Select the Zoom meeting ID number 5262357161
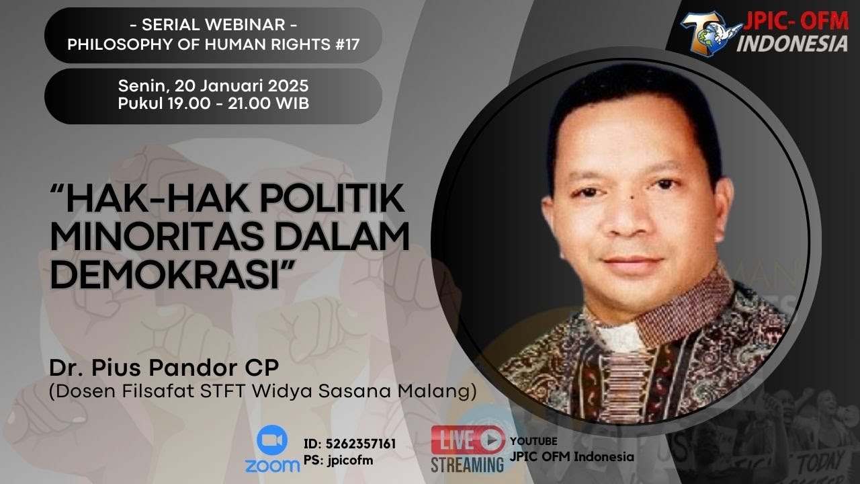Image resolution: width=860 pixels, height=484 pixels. (x=360, y=444)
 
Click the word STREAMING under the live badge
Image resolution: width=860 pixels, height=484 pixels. (x=467, y=465)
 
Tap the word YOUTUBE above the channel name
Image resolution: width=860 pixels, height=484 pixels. (x=534, y=441)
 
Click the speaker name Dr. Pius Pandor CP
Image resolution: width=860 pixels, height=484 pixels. (x=163, y=368)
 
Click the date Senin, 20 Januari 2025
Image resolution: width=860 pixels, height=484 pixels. (x=213, y=87)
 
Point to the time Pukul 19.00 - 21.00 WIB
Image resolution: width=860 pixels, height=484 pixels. (x=213, y=104)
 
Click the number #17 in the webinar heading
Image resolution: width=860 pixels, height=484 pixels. (x=343, y=45)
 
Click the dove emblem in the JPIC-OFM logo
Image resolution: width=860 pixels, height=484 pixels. (x=706, y=30)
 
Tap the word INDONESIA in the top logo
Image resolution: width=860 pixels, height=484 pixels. (x=793, y=43)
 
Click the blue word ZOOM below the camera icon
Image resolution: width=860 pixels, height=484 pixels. (x=272, y=465)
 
